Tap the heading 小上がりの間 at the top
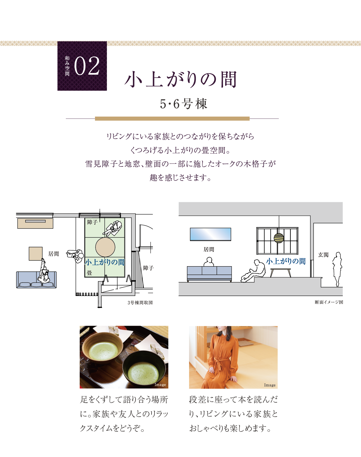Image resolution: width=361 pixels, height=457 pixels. (181, 79)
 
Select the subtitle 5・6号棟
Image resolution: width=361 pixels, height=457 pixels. (183, 104)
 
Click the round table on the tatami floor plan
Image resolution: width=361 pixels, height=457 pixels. (105, 247)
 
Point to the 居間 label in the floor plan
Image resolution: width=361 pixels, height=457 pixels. (54, 254)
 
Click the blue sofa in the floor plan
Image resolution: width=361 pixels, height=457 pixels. (36, 280)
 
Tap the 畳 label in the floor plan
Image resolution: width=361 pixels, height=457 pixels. (90, 273)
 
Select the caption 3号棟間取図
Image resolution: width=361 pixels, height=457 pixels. (140, 303)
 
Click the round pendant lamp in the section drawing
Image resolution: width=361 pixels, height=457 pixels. (279, 238)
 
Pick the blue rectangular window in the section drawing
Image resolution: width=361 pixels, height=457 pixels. (210, 234)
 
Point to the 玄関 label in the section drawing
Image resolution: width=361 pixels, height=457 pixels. (323, 254)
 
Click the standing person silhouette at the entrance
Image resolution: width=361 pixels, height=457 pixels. (337, 269)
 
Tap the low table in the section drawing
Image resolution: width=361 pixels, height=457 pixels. (280, 273)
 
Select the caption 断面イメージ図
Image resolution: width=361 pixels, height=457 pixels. (329, 302)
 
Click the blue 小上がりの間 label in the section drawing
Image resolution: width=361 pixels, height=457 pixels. (286, 261)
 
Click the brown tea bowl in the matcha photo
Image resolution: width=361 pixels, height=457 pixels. (102, 348)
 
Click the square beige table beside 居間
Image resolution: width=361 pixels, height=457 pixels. (35, 254)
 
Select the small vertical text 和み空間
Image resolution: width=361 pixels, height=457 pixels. (67, 66)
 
